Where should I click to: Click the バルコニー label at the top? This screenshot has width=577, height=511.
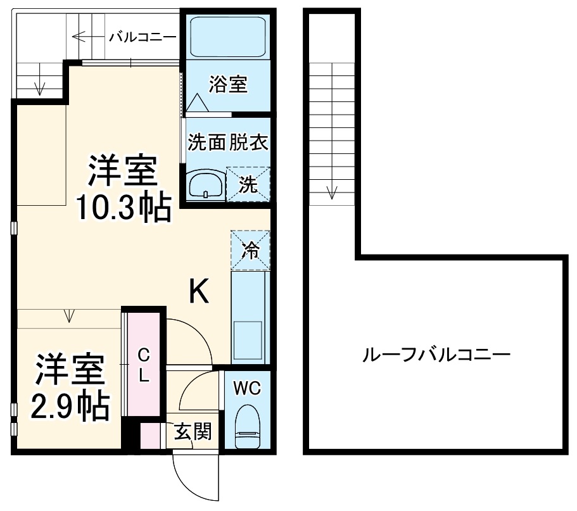point(142,36)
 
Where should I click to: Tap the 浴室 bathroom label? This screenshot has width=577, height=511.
point(227,84)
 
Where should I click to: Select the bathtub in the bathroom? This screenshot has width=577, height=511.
point(227,39)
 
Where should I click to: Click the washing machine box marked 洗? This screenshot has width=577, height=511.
point(249,184)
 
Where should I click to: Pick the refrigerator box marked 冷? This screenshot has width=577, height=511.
point(251,250)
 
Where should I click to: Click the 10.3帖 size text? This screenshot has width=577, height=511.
point(124,207)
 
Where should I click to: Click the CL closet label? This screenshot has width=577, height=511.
point(144,365)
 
